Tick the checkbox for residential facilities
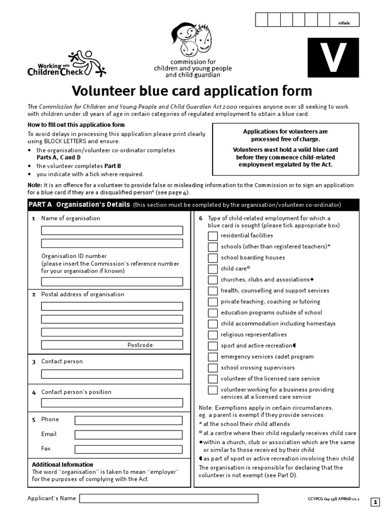click(213, 235)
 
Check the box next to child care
click(213, 269)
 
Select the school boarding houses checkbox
click(213, 257)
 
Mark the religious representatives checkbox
click(213, 334)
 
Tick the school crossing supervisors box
click(213, 368)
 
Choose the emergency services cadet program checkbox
click(213, 357)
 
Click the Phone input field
click(128, 420)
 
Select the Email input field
click(128, 435)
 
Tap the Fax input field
click(128, 449)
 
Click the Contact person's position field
click(112, 403)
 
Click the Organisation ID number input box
click(112, 282)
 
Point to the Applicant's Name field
click(169, 498)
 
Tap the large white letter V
click(334, 58)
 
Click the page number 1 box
click(375, 502)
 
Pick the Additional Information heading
click(62, 465)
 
